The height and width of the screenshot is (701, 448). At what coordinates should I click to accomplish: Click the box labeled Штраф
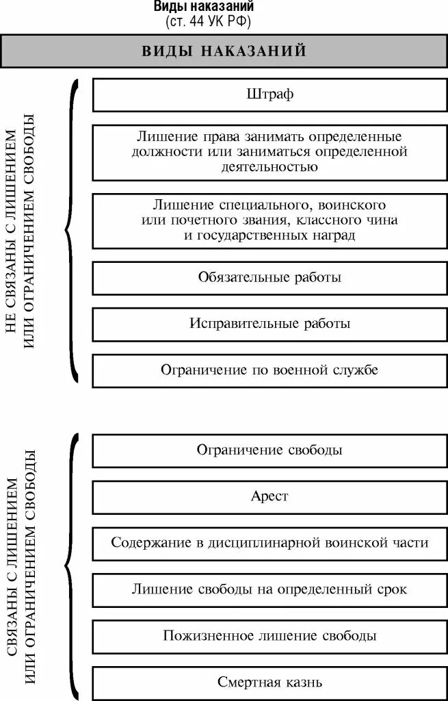coord(269,94)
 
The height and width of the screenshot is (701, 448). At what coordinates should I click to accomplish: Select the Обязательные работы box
coord(269,277)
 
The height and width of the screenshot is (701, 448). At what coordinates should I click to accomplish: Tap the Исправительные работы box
coord(269,324)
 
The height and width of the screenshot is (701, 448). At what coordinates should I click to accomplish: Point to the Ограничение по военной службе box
coord(269,370)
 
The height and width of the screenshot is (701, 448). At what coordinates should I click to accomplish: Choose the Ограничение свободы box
coord(269,450)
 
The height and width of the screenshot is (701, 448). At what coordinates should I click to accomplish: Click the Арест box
coord(269,496)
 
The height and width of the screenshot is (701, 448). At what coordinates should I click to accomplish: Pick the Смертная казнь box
coord(269,682)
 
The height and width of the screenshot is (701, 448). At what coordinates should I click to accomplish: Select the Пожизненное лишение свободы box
coord(269,635)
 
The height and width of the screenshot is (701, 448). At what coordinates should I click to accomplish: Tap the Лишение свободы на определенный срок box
coord(269,589)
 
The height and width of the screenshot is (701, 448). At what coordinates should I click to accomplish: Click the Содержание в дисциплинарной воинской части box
coord(269,543)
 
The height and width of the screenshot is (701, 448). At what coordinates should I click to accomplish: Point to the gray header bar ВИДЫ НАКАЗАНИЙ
coord(224,51)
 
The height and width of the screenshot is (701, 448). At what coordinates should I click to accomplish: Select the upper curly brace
coord(71,231)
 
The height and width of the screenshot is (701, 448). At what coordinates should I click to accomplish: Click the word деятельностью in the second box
coord(269,166)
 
